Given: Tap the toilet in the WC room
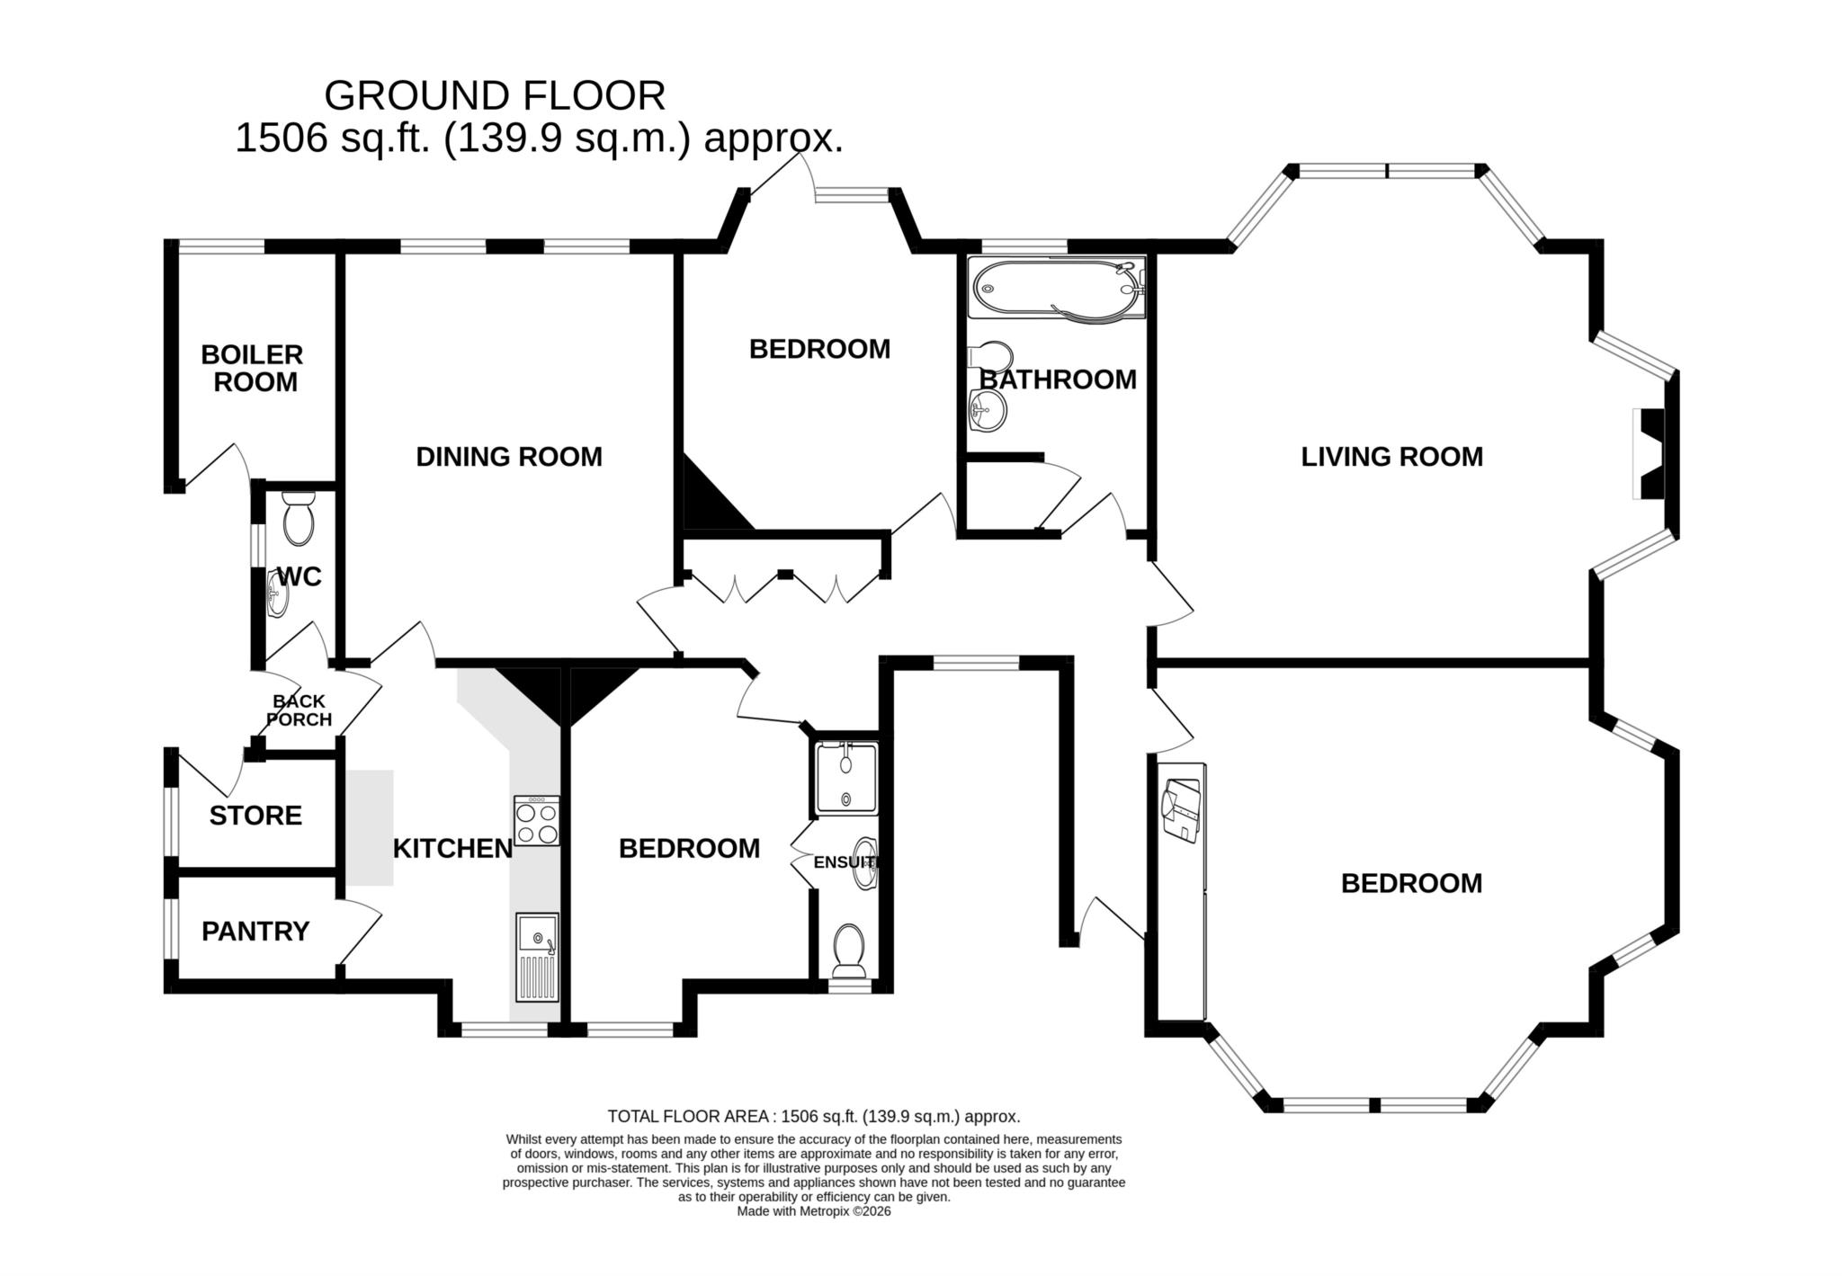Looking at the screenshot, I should (298, 518).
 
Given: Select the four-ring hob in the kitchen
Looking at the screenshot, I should (537, 821).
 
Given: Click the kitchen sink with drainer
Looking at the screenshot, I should (537, 957).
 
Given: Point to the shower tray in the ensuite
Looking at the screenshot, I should (845, 779).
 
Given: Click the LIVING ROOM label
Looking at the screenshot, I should (1391, 457).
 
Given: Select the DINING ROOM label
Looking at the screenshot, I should (509, 457).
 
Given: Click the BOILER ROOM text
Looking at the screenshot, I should (252, 368).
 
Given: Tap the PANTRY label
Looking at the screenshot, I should (255, 931).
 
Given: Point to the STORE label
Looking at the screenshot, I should (255, 816).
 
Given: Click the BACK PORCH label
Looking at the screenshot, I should (300, 710).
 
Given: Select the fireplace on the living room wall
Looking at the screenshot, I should (1651, 453).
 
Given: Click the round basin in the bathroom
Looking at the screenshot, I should (987, 415).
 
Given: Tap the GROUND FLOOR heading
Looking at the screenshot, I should (495, 95).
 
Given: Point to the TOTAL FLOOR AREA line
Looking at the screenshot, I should (813, 1117).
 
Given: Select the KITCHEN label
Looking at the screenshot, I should (452, 848).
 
